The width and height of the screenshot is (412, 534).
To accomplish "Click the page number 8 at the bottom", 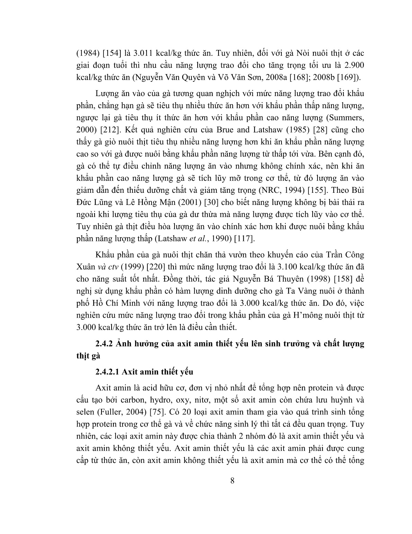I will [232, 481].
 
